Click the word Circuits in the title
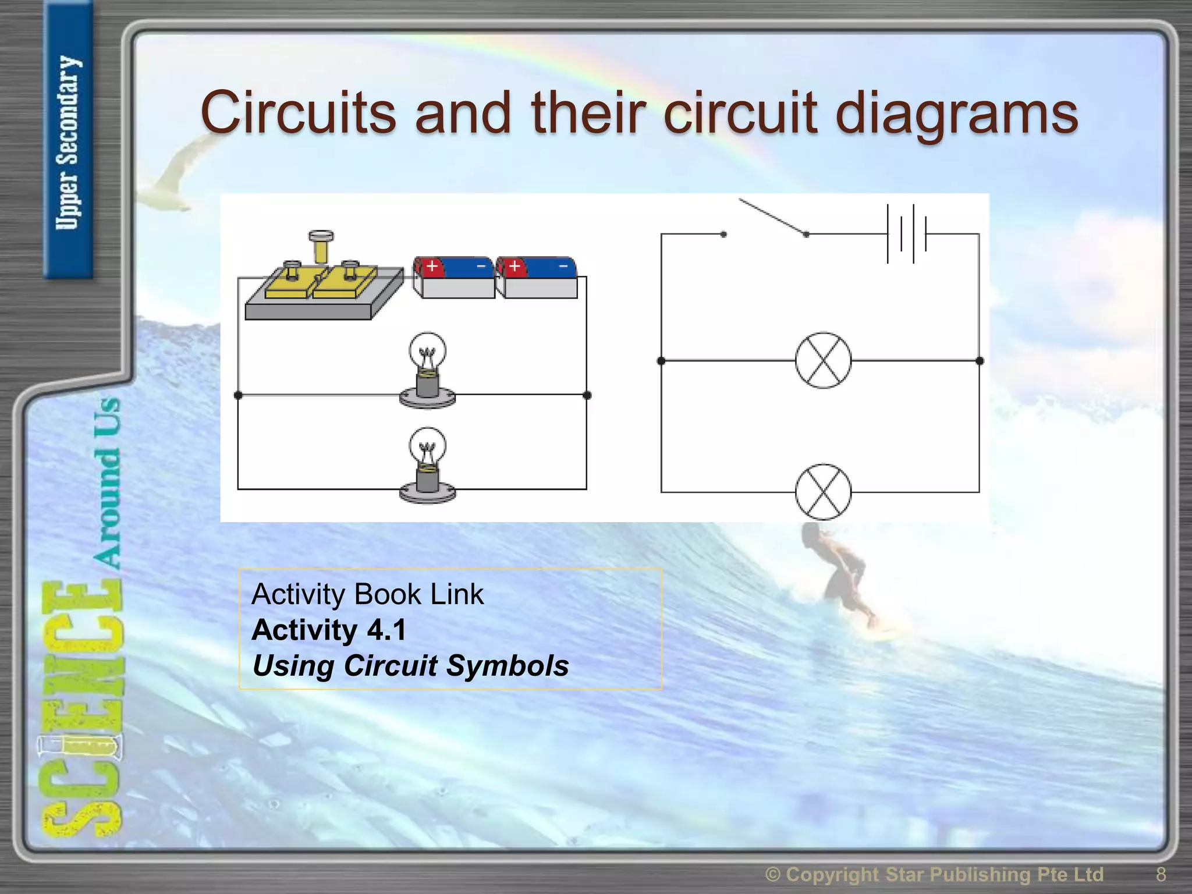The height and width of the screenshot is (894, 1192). click(298, 112)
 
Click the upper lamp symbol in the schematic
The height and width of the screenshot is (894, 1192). click(823, 361)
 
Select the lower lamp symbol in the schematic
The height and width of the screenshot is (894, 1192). click(823, 492)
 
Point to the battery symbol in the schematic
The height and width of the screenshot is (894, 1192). click(906, 234)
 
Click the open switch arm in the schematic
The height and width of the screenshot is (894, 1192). click(771, 217)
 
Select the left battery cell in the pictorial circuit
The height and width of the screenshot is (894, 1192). click(454, 278)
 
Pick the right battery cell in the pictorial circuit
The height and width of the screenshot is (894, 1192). click(537, 278)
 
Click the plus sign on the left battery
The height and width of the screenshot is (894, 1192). click(432, 267)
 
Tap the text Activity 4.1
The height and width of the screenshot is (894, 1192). click(329, 630)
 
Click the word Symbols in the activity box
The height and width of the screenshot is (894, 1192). click(506, 665)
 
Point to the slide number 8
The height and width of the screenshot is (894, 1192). click(1161, 874)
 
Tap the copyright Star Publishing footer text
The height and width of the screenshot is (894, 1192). click(934, 874)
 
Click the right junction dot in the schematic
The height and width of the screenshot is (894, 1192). click(980, 361)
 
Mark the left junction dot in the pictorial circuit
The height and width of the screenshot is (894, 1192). click(237, 395)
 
